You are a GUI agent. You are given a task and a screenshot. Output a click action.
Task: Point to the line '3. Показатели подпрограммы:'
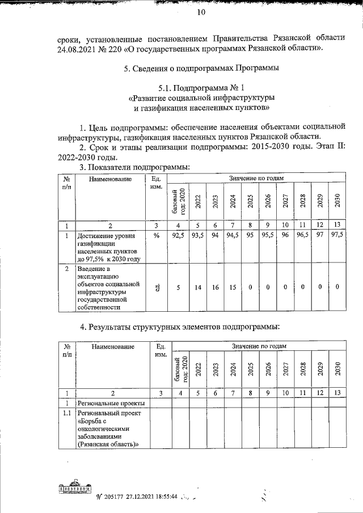134,167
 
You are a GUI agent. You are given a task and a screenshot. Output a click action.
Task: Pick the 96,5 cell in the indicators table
303,236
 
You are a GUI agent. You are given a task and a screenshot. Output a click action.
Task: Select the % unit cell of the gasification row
155,236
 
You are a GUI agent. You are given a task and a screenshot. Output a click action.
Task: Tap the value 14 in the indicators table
197,287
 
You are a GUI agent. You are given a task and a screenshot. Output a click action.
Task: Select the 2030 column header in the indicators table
337,201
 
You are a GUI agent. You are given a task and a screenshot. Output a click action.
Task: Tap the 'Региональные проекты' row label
111,403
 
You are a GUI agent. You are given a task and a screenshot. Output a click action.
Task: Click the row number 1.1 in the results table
67,413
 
